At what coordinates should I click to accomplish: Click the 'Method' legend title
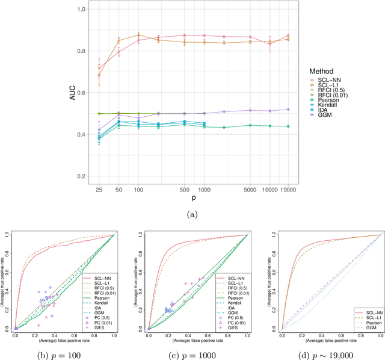point(322,71)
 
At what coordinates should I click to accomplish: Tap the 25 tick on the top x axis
point(99,188)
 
